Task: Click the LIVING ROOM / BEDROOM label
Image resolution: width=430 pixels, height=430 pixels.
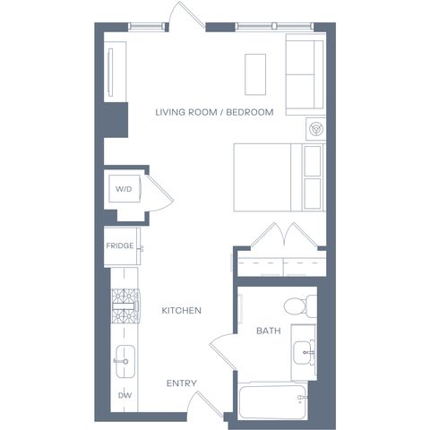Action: (214, 112)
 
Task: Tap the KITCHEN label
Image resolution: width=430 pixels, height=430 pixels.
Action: (182, 311)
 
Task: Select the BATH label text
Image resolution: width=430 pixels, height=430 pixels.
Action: (269, 331)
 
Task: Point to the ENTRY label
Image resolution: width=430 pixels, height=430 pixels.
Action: (182, 383)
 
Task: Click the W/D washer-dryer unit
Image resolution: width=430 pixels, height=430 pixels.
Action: (125, 189)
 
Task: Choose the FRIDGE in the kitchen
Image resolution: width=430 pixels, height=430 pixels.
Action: (122, 246)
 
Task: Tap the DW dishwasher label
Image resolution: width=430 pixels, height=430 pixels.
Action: (125, 395)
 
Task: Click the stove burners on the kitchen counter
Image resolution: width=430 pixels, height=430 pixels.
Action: (125, 305)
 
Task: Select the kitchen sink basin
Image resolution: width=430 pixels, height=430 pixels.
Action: (125, 361)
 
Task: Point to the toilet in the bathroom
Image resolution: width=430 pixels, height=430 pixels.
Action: (300, 306)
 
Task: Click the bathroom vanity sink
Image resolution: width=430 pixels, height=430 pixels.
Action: (304, 352)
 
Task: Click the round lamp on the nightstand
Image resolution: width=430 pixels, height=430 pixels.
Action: (316, 129)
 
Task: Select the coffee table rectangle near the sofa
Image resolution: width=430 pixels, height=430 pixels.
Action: (255, 74)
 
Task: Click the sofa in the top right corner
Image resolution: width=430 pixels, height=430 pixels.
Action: (305, 74)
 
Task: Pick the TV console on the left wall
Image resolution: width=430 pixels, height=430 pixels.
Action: (115, 72)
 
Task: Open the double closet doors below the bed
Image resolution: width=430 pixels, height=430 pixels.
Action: (284, 236)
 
